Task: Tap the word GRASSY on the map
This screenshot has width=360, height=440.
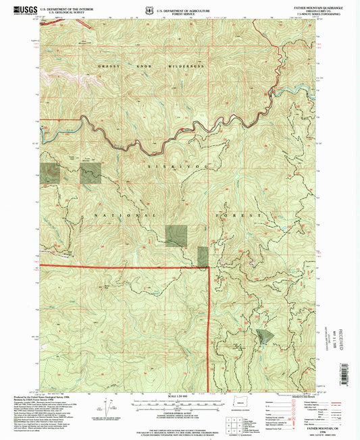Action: click(x=108, y=67)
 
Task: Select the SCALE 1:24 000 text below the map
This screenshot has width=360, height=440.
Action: click(x=179, y=395)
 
